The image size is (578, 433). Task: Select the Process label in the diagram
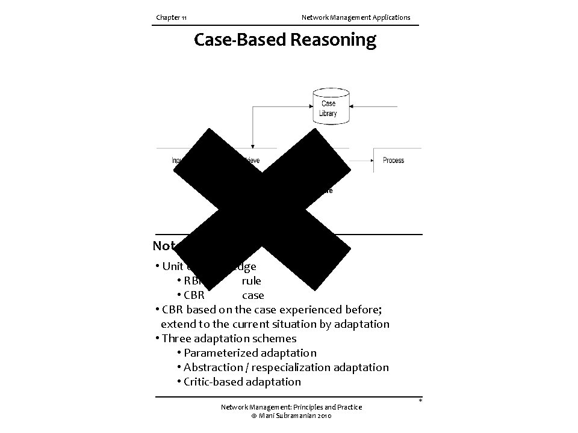coord(393,161)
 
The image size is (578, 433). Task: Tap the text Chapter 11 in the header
coord(171,17)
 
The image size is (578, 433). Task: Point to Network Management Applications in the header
coord(355,17)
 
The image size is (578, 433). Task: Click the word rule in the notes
coord(252,281)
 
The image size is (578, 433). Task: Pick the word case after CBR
coord(253,295)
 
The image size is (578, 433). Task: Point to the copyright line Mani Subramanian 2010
coord(291,416)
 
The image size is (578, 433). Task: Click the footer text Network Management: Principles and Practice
coord(291,407)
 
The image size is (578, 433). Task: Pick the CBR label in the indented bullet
coord(194,295)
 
